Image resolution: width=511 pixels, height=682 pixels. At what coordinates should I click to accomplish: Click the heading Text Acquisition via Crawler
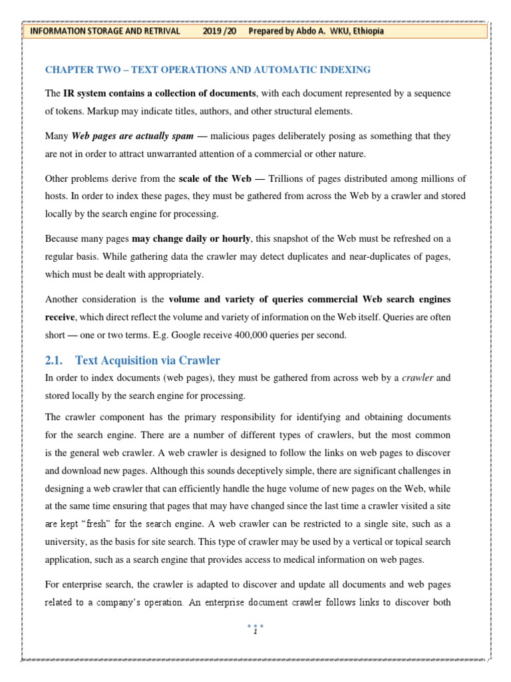coord(148,360)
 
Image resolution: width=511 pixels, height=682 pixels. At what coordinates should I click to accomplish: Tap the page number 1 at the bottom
coord(255,632)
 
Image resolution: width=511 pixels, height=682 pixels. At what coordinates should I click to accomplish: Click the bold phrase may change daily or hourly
coord(191,238)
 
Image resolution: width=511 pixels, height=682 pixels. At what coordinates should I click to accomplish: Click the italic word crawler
coord(416,378)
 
